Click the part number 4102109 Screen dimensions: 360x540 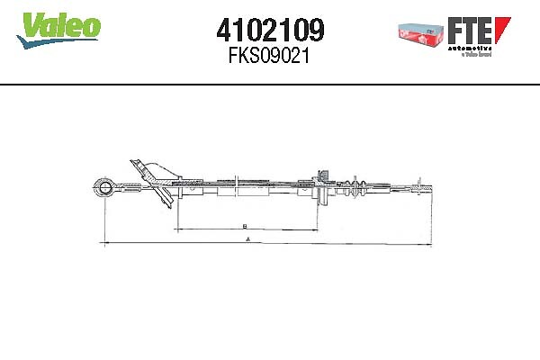click(269, 31)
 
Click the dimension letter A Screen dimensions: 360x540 click(246, 240)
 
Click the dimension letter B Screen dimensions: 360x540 click(244, 225)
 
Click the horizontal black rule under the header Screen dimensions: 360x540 click(270, 85)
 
